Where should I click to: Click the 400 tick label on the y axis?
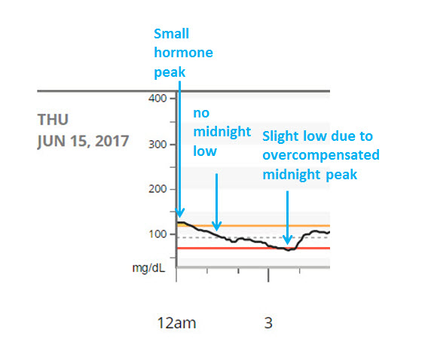157,98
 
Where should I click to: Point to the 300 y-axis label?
157,145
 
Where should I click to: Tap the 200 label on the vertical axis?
157,189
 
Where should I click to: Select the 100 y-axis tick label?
157,234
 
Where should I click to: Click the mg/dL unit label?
148,268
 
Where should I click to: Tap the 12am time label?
176,323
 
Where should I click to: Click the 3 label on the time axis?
268,323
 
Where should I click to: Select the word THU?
53,120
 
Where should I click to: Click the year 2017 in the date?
112,141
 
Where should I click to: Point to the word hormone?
183,53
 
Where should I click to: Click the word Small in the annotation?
171,34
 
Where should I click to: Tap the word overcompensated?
321,155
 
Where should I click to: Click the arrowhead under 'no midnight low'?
217,226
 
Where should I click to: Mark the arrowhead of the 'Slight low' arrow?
287,239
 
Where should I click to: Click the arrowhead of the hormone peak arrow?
179,212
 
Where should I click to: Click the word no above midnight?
201,113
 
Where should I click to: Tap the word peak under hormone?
170,73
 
